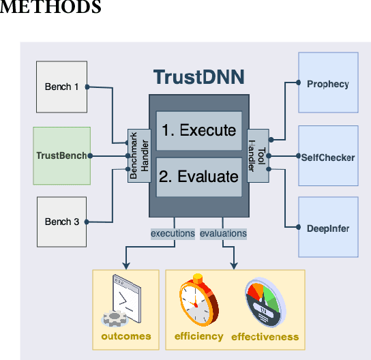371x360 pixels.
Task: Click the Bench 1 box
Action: pyautogui.click(x=61, y=87)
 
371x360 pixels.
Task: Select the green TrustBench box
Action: pyautogui.click(x=61, y=155)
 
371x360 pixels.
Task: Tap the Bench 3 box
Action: pyautogui.click(x=61, y=222)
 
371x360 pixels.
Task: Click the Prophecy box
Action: pyautogui.click(x=328, y=85)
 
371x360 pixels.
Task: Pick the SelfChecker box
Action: pyautogui.click(x=328, y=157)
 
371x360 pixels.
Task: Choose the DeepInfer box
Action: pyautogui.click(x=328, y=228)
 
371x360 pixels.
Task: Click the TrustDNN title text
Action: pyautogui.click(x=198, y=76)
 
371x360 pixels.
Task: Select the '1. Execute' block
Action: pyautogui.click(x=198, y=130)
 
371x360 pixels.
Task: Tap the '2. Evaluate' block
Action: pyautogui.click(x=198, y=177)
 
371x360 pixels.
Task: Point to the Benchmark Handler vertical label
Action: pyautogui.click(x=138, y=156)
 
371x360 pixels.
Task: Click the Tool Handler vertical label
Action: pyautogui.click(x=258, y=156)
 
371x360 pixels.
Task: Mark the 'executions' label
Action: pyautogui.click(x=173, y=233)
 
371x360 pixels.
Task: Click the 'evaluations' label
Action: pyautogui.click(x=223, y=233)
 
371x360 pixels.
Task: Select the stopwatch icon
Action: pyautogui.click(x=198, y=301)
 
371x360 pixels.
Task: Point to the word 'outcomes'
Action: pyautogui.click(x=126, y=336)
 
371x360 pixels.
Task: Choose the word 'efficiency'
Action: pyautogui.click(x=198, y=336)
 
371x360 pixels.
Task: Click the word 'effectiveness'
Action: pyautogui.click(x=265, y=336)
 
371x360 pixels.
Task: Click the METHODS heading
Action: pyautogui.click(x=51, y=7)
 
